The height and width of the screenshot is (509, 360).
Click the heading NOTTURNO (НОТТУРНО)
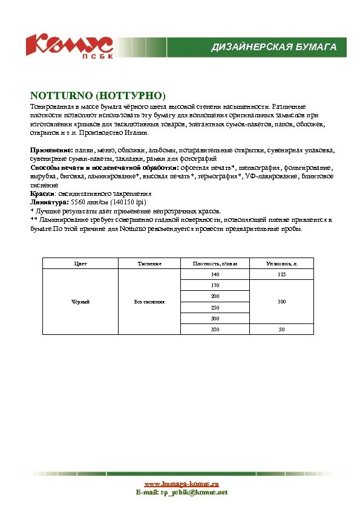pyautogui.click(x=98, y=96)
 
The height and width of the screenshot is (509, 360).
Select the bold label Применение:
pyautogui.click(x=52, y=149)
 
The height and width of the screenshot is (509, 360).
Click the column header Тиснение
pyautogui.click(x=149, y=264)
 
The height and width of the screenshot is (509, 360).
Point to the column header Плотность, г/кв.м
pyautogui.click(x=211, y=264)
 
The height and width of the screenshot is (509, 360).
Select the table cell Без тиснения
pyautogui.click(x=149, y=302)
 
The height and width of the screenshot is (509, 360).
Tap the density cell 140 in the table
pyautogui.click(x=215, y=274)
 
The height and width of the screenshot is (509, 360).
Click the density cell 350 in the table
pyautogui.click(x=215, y=329)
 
